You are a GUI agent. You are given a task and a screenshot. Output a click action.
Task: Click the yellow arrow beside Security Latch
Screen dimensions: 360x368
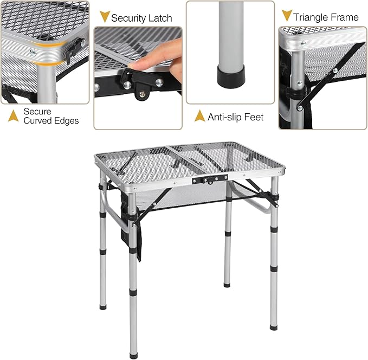pyautogui.click(x=104, y=17)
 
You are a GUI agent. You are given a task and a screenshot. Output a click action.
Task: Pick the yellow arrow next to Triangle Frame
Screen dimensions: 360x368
pyautogui.click(x=287, y=15)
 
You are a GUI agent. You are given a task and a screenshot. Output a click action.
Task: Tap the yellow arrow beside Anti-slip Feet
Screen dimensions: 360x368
pyautogui.click(x=199, y=115)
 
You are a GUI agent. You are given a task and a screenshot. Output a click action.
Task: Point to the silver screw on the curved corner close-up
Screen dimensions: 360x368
pyautogui.click(x=34, y=52)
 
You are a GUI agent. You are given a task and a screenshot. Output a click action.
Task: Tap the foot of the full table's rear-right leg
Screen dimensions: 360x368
pyautogui.click(x=227, y=284)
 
